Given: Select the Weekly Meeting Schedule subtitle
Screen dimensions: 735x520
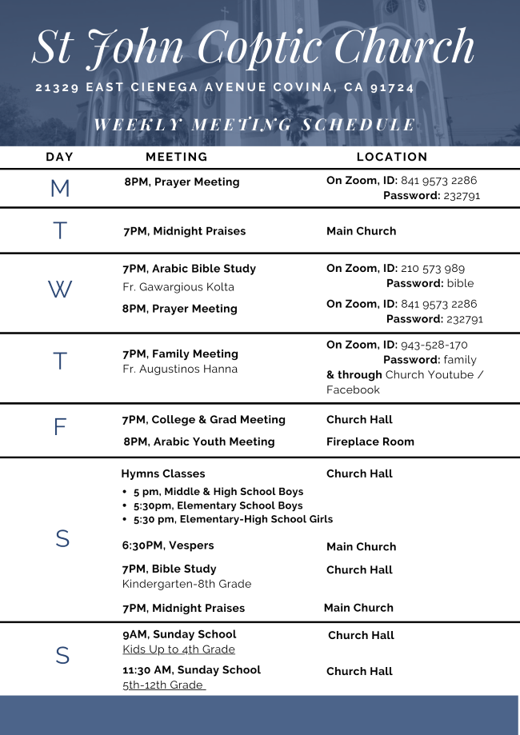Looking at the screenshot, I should (x=254, y=125).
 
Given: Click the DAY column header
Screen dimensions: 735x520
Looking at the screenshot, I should (x=60, y=158).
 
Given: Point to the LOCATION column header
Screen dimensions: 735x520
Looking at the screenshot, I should (x=392, y=158).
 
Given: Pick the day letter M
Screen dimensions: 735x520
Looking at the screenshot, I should (x=60, y=189).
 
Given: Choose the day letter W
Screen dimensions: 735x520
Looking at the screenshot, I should (x=60, y=290).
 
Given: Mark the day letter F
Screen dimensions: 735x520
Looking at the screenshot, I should (x=60, y=427).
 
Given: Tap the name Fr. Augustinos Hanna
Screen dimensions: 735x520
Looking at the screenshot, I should (x=180, y=369).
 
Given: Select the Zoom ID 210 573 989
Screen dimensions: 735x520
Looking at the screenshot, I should (x=433, y=269).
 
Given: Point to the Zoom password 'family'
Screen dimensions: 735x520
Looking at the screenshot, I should (x=460, y=360).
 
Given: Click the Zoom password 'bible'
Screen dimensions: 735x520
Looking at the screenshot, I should (x=460, y=283).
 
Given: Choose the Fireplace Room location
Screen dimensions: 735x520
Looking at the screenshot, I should (x=370, y=441).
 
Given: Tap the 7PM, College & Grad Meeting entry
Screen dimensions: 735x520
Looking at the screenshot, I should (x=203, y=420).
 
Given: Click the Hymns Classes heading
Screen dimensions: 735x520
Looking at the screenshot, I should (x=163, y=473).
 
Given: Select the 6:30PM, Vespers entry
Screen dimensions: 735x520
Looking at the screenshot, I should (x=168, y=545).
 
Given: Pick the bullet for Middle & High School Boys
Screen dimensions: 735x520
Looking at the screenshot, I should (x=126, y=493).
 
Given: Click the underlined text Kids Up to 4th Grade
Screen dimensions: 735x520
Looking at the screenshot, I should (x=178, y=649).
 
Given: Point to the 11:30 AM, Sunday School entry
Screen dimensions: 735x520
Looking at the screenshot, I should (x=191, y=670).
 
